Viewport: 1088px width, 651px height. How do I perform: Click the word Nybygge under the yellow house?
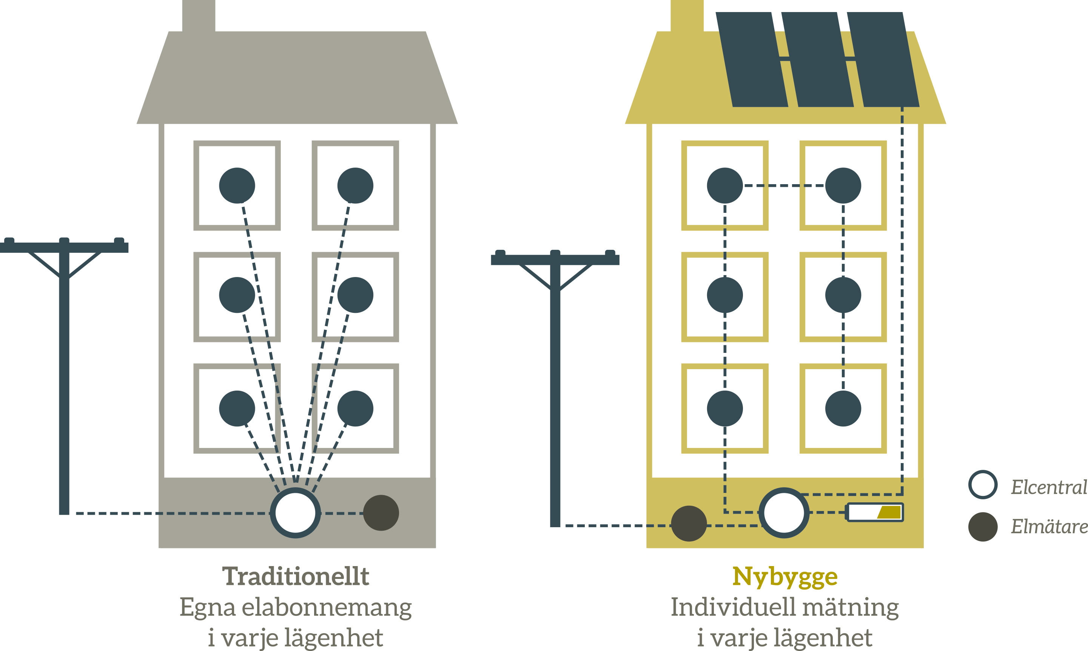pyautogui.click(x=785, y=577)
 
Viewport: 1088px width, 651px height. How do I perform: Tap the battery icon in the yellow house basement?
pyautogui.click(x=875, y=512)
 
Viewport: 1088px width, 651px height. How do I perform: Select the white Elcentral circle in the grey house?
pyautogui.click(x=295, y=512)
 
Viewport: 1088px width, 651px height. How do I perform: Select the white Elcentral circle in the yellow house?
pyautogui.click(x=784, y=512)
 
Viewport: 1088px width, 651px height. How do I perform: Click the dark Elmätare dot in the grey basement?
pyautogui.click(x=381, y=513)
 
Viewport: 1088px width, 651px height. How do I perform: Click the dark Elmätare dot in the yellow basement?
pyautogui.click(x=689, y=523)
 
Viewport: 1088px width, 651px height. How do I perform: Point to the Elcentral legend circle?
pyautogui.click(x=983, y=484)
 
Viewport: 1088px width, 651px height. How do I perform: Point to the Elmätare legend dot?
pyautogui.click(x=983, y=526)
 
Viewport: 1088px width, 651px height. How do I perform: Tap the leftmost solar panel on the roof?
pyautogui.click(x=752, y=59)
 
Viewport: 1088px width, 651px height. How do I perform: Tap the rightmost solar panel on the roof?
pyautogui.click(x=883, y=59)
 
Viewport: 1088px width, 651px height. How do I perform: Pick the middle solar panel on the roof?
pyautogui.click(x=817, y=59)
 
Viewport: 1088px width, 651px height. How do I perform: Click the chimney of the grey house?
pyautogui.click(x=198, y=16)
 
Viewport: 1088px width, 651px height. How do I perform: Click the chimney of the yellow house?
pyautogui.click(x=687, y=16)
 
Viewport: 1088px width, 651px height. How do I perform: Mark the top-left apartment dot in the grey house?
pyautogui.click(x=237, y=186)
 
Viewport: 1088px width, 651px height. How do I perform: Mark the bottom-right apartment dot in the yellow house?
pyautogui.click(x=843, y=408)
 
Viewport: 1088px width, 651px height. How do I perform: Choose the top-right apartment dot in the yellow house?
pyautogui.click(x=843, y=186)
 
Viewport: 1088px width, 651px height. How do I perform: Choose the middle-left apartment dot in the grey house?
pyautogui.click(x=237, y=295)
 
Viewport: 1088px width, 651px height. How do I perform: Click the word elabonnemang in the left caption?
pyautogui.click(x=327, y=608)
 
